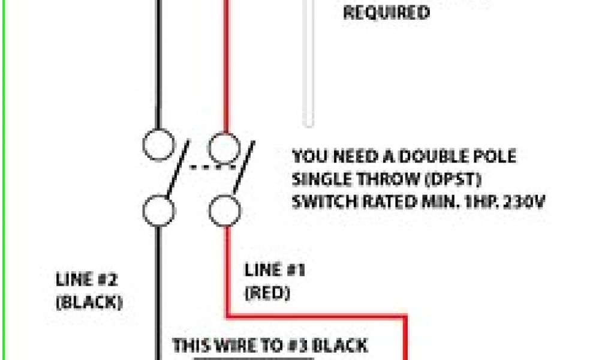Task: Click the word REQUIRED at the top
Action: tap(386, 13)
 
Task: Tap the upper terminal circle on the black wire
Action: tap(159, 144)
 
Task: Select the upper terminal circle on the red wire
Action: tap(225, 146)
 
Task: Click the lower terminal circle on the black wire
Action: tap(159, 211)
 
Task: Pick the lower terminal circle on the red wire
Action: tap(225, 211)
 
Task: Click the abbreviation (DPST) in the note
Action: tap(459, 179)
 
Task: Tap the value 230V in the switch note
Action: tap(521, 202)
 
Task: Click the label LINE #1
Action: tap(275, 271)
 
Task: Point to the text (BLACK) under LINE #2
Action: tap(89, 302)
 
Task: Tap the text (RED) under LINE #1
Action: tap(267, 293)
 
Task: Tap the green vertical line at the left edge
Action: tap(2, 180)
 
